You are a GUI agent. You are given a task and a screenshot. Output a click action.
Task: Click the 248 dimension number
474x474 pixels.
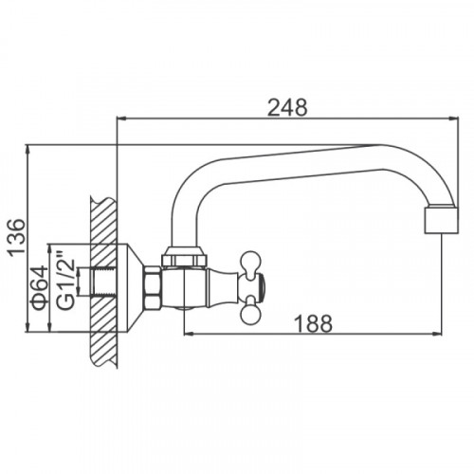(287, 108)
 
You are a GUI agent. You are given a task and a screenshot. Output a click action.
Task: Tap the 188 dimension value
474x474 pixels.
(313, 323)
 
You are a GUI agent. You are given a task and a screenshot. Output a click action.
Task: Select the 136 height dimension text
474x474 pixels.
(16, 237)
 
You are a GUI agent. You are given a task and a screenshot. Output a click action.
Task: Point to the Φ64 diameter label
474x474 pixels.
(40, 287)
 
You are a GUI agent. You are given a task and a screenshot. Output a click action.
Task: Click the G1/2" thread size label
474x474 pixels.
(65, 280)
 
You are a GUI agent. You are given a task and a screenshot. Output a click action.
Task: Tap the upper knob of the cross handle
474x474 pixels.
(251, 261)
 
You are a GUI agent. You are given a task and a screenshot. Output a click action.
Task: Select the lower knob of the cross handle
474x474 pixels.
(251, 312)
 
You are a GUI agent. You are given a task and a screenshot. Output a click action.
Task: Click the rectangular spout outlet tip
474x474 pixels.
(441, 221)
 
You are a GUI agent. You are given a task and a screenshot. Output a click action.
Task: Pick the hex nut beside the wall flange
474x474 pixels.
(153, 287)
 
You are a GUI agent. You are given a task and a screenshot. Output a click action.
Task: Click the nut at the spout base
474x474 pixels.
(184, 256)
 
